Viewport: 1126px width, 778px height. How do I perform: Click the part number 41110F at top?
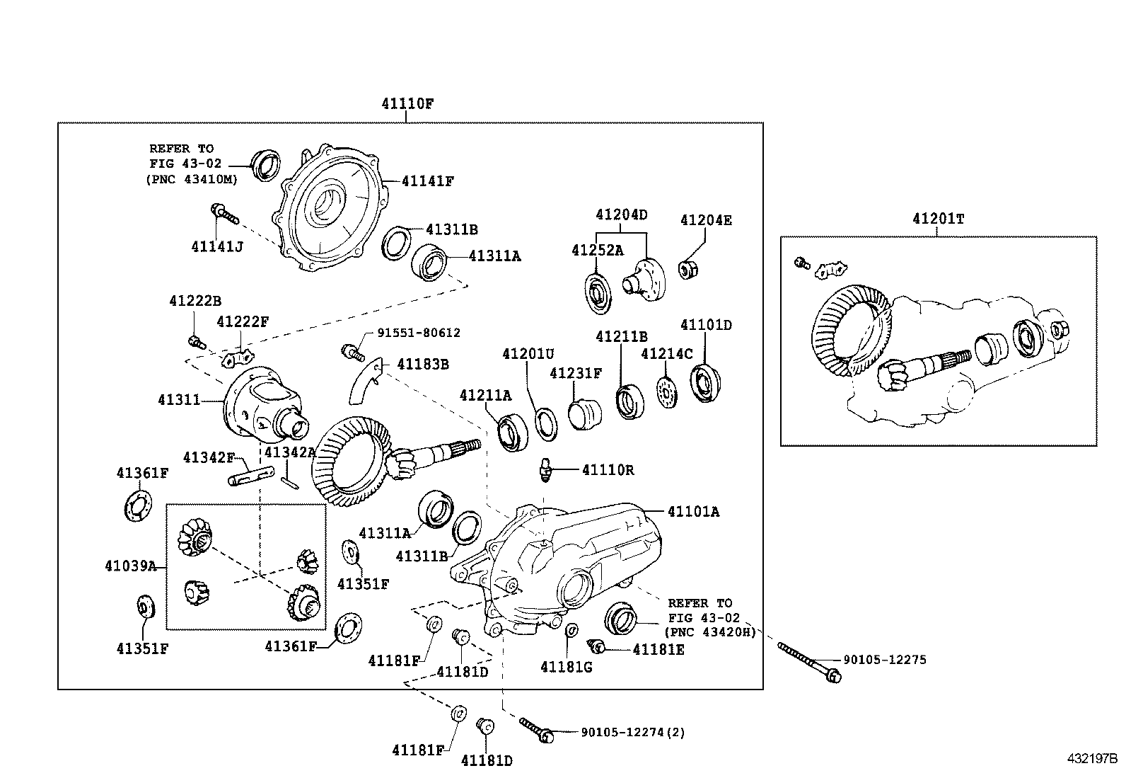[407, 103]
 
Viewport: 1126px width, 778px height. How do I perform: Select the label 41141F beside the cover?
[428, 181]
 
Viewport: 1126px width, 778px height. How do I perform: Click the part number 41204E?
[706, 220]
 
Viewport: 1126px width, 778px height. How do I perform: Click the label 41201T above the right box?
[938, 219]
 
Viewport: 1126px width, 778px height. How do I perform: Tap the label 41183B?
[423, 364]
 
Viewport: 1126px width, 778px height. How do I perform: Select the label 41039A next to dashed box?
[130, 566]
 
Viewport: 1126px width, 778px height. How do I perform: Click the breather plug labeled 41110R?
[545, 471]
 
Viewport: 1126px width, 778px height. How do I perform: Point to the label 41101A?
[692, 511]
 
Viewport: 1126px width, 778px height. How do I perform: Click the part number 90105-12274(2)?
[632, 733]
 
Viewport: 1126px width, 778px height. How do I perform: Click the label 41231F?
[576, 372]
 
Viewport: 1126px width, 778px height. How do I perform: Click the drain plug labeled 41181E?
[596, 646]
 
